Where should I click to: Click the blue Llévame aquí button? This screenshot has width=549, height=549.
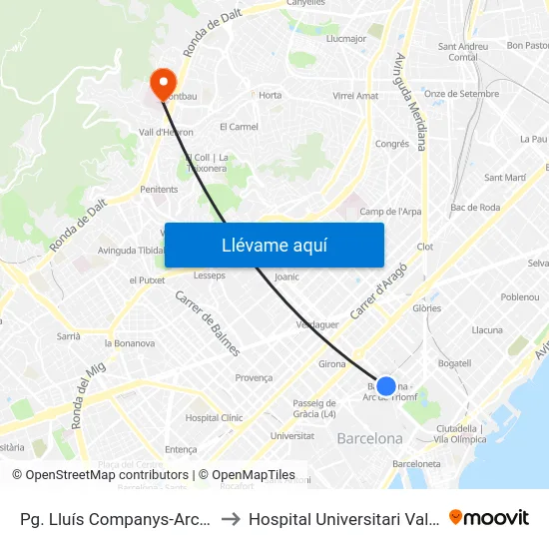pos(274,245)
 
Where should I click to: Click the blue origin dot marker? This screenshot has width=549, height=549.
pos(386,385)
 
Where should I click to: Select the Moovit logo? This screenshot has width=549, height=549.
pos(489,518)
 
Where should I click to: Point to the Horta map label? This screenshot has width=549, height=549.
pos(271,96)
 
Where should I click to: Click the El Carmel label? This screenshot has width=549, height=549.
pos(239,127)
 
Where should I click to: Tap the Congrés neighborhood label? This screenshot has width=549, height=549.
pos(392,144)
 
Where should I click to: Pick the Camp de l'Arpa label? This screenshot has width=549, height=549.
pos(390,212)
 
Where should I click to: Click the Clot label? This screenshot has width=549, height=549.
pos(424,247)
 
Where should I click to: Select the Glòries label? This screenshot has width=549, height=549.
pos(427,309)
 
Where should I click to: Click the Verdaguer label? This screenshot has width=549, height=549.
pos(317,324)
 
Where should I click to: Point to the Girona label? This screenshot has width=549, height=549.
pos(332,364)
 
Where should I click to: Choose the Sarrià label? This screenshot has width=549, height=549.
pos(68,336)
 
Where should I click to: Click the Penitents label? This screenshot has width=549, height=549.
pos(159,189)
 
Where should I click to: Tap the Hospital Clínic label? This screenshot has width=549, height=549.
pos(214,418)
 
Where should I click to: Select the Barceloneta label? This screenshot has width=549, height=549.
pos(417,464)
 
